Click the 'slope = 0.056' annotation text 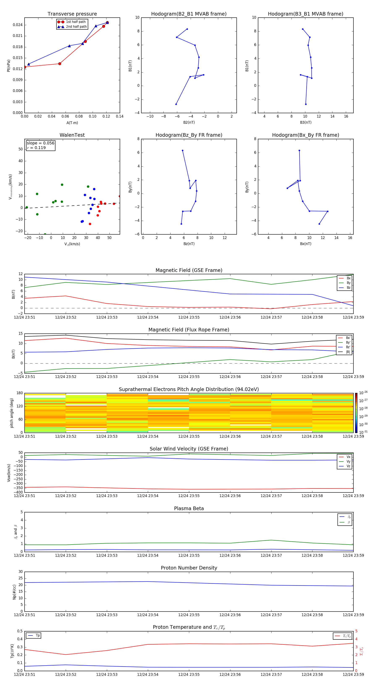40,143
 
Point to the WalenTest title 72,135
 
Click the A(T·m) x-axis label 72,123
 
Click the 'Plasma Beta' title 189,508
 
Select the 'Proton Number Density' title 189,568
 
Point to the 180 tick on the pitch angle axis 20,393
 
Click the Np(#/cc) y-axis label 14,592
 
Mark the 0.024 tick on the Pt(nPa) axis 18,25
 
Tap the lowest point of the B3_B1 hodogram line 306,104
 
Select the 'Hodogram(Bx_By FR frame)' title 305,135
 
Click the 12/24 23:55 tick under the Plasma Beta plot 189,555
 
